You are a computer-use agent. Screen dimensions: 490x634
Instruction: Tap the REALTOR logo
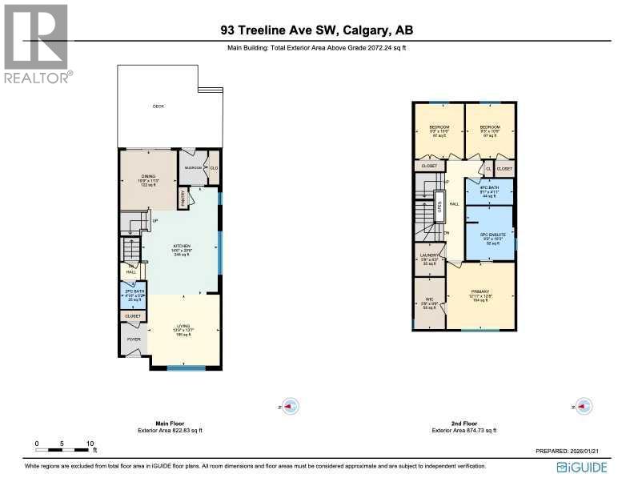coord(37,45)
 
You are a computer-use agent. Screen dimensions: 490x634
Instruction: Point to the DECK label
coord(158,106)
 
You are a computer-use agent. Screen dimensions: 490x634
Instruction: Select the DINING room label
coord(147,176)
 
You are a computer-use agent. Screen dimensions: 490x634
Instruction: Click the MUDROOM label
coord(193,167)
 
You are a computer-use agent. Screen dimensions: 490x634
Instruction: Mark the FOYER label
coord(132,339)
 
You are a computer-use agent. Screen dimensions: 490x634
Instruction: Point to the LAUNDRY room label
coord(429,257)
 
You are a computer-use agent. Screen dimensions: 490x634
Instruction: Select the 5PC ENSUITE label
coord(490,235)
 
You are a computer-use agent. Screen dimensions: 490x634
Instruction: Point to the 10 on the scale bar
coord(90,443)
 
